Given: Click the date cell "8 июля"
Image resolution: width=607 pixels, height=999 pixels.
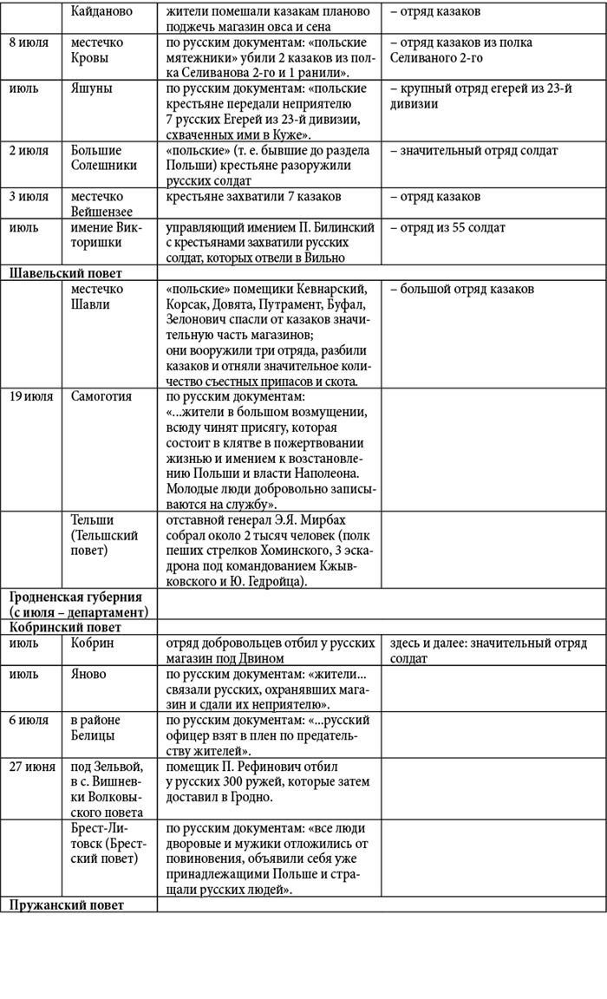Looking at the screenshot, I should (29, 42).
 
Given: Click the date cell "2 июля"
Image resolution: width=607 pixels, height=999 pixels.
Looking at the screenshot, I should (29, 151).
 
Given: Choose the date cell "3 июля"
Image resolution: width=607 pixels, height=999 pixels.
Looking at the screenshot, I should (29, 197).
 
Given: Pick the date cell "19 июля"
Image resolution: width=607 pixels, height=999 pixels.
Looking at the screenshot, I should (32, 396).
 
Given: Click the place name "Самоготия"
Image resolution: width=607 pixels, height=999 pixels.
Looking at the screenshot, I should (101, 396).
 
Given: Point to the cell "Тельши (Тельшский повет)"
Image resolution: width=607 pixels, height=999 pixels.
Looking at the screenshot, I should (104, 535).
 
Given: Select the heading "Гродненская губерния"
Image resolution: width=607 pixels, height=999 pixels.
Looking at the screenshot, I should (75, 597).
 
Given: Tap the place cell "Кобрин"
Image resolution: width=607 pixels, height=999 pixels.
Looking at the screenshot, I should (93, 643).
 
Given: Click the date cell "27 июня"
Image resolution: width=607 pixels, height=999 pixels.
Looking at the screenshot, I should (33, 767).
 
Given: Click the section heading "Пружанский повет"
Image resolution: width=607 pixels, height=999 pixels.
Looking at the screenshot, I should (67, 904).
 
